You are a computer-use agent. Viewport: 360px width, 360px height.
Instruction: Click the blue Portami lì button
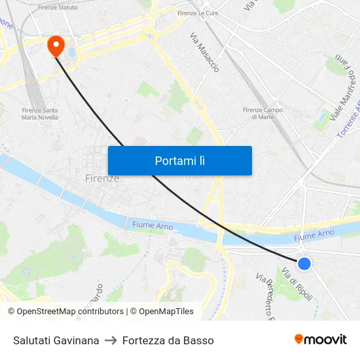(x=179, y=160)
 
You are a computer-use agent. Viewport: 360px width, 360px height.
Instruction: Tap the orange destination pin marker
(x=55, y=45)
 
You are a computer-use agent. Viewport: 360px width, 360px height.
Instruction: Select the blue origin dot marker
(x=304, y=263)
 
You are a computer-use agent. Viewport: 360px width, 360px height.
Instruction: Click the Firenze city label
(x=102, y=178)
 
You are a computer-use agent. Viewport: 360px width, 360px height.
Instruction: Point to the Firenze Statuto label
(x=58, y=7)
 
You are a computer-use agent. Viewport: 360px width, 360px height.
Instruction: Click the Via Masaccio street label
(x=205, y=52)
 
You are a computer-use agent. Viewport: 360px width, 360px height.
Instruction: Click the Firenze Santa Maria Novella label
(x=40, y=114)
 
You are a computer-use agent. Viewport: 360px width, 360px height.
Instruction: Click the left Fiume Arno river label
(x=153, y=225)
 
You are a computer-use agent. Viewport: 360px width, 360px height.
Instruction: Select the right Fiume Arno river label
(x=314, y=234)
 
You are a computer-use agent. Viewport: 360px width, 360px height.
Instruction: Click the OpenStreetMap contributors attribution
(x=65, y=312)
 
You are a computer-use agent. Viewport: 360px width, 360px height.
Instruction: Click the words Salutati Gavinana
(x=56, y=340)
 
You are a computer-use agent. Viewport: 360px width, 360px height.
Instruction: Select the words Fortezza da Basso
(x=168, y=340)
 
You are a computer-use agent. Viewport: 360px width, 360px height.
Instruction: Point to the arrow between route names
(x=111, y=340)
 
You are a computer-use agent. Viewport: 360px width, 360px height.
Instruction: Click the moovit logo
(x=320, y=339)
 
